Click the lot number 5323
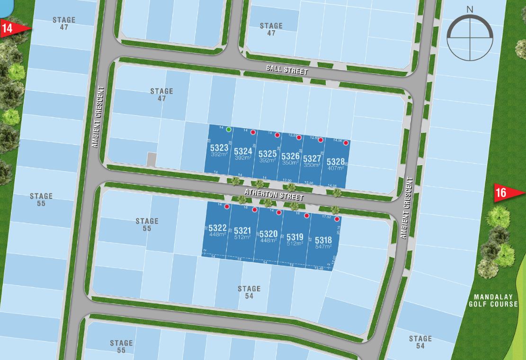coord(219,148)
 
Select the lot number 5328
coord(336,162)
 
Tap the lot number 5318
coord(323,240)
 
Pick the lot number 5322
coord(217,228)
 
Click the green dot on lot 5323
coord(229,129)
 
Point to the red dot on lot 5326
coord(299,137)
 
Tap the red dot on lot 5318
coord(337,219)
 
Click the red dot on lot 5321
coord(254,210)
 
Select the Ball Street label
coord(286,70)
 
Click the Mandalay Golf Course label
coord(493,301)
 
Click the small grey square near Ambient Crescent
coord(151,159)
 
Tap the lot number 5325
coord(267,154)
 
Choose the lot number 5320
coord(268,234)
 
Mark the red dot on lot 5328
coord(346,143)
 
